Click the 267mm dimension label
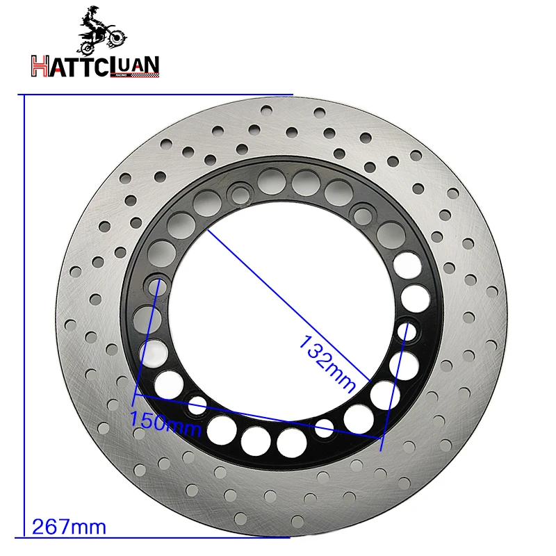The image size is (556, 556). click(69, 527)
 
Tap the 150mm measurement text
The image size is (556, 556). click(165, 420)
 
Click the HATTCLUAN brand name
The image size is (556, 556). click(95, 65)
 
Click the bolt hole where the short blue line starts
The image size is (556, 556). click(157, 282)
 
